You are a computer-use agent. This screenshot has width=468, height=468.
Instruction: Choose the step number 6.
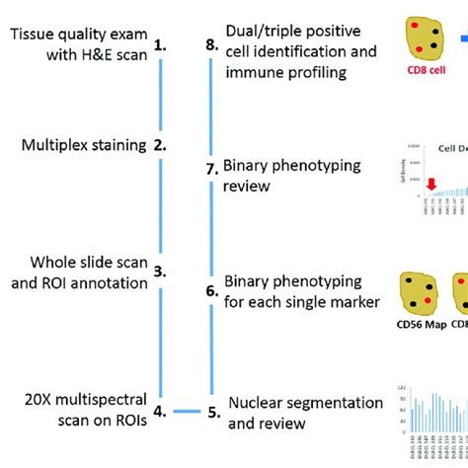click(211, 293)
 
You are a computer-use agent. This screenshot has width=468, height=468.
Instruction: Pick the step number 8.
click(211, 45)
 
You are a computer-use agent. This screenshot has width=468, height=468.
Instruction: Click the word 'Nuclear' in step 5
click(256, 375)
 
